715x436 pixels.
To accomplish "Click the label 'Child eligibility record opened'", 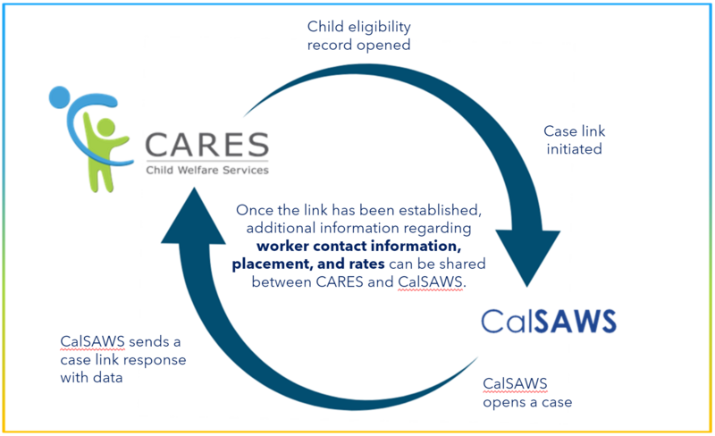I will [x=358, y=35].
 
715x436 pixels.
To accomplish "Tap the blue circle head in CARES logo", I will [x=59, y=96].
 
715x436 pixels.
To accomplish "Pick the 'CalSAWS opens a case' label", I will [x=527, y=393].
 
